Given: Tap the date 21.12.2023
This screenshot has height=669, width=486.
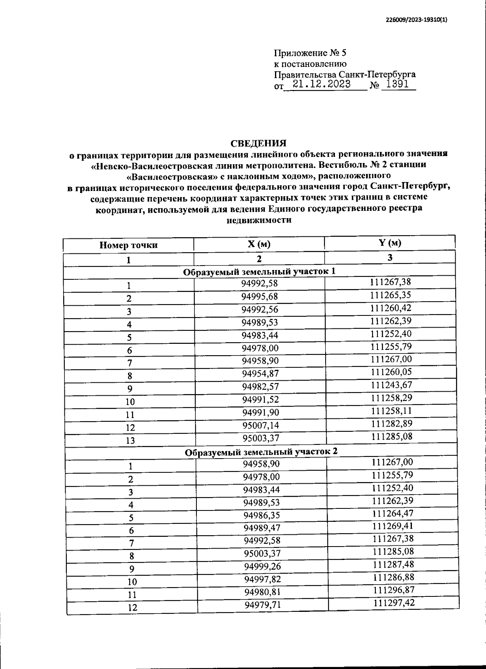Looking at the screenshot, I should pyautogui.click(x=322, y=84).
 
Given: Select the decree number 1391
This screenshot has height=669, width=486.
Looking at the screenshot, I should pyautogui.click(x=398, y=84).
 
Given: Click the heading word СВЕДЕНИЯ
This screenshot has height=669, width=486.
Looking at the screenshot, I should pyautogui.click(x=258, y=143).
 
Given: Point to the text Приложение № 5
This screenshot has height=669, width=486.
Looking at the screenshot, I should pyautogui.click(x=310, y=53).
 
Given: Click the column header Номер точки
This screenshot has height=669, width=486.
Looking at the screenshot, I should pyautogui.click(x=128, y=245).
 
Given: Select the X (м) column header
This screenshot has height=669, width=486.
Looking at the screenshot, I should pyautogui.click(x=259, y=244).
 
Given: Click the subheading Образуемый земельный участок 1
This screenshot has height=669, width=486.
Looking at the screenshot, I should pyautogui.click(x=259, y=271).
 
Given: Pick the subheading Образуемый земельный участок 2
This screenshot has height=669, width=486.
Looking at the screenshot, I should pyautogui.click(x=261, y=452).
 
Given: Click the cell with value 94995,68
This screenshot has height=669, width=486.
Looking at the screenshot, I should pyautogui.click(x=260, y=296).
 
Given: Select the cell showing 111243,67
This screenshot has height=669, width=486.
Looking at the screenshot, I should pyautogui.click(x=391, y=384).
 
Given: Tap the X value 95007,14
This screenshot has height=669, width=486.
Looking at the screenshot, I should pyautogui.click(x=261, y=425).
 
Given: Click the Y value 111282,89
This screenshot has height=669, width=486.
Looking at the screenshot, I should pyautogui.click(x=391, y=423).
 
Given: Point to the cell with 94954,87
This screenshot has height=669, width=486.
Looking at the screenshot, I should pyautogui.click(x=260, y=373).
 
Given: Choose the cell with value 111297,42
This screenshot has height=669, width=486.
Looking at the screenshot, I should pyautogui.click(x=394, y=603).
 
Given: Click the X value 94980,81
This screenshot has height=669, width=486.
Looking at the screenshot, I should pyautogui.click(x=262, y=592).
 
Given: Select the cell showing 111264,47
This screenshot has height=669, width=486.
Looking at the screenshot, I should pyautogui.click(x=392, y=513).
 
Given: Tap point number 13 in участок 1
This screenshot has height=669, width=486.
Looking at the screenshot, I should pyautogui.click(x=130, y=440).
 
